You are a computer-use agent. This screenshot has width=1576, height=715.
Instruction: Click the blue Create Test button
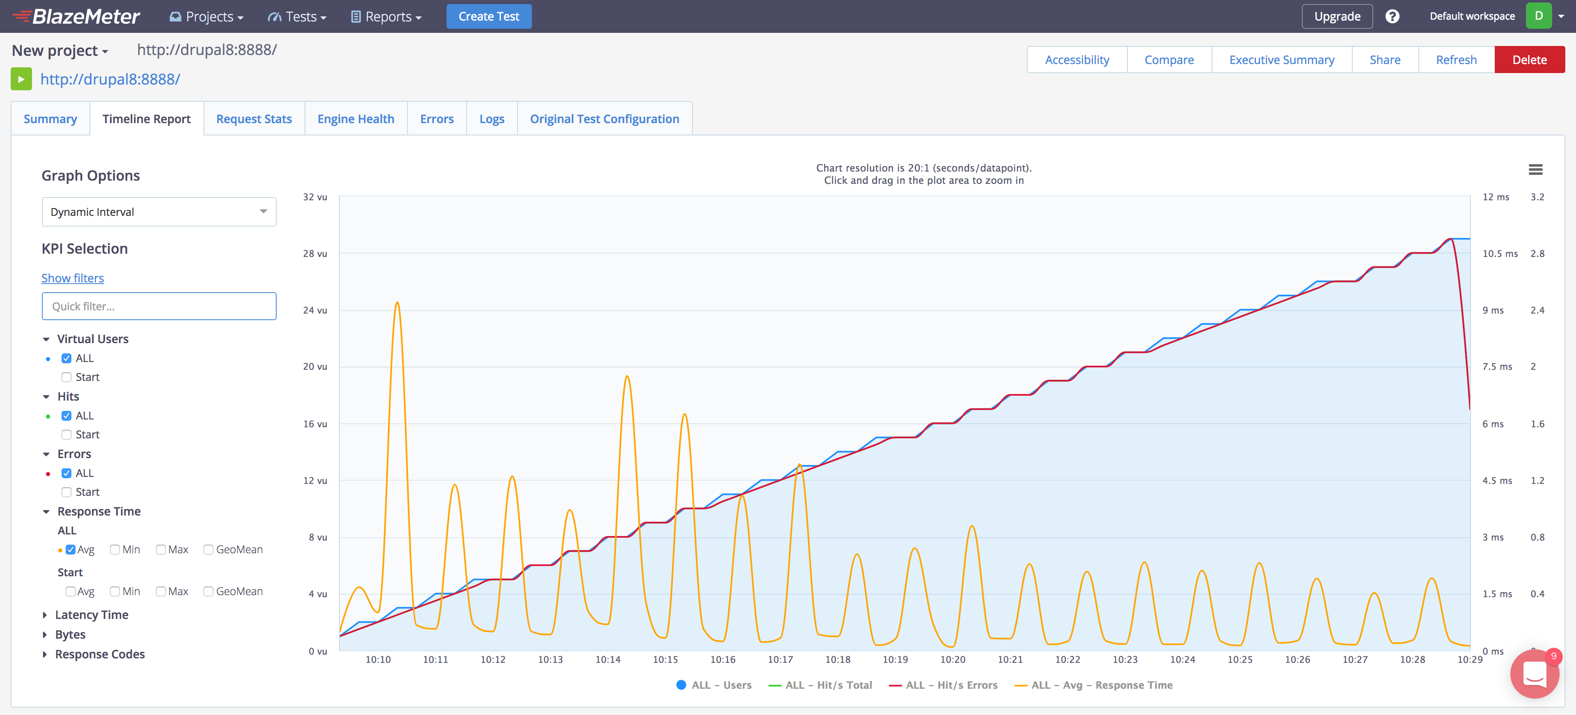pos(488,16)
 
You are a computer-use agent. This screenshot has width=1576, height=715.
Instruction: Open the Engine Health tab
pos(355,119)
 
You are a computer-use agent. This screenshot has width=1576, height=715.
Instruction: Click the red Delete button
pos(1529,60)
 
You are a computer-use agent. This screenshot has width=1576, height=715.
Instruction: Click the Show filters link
pos(72,278)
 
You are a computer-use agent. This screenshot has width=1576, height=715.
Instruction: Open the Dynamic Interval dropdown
pos(158,212)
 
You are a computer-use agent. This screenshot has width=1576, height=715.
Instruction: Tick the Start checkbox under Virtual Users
pos(66,377)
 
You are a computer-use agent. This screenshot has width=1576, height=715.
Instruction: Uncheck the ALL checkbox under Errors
pos(66,473)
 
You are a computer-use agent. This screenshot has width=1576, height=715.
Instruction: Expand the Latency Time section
pos(91,615)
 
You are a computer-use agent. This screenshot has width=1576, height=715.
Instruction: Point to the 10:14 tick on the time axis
pos(607,659)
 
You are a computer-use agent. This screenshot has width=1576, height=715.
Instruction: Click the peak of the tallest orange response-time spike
pos(397,303)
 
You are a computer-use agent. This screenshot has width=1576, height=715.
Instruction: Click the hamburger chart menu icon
pos(1535,170)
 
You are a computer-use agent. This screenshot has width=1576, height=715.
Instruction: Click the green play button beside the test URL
pos(21,79)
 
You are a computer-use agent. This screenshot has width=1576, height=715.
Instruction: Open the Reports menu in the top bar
pos(386,16)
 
